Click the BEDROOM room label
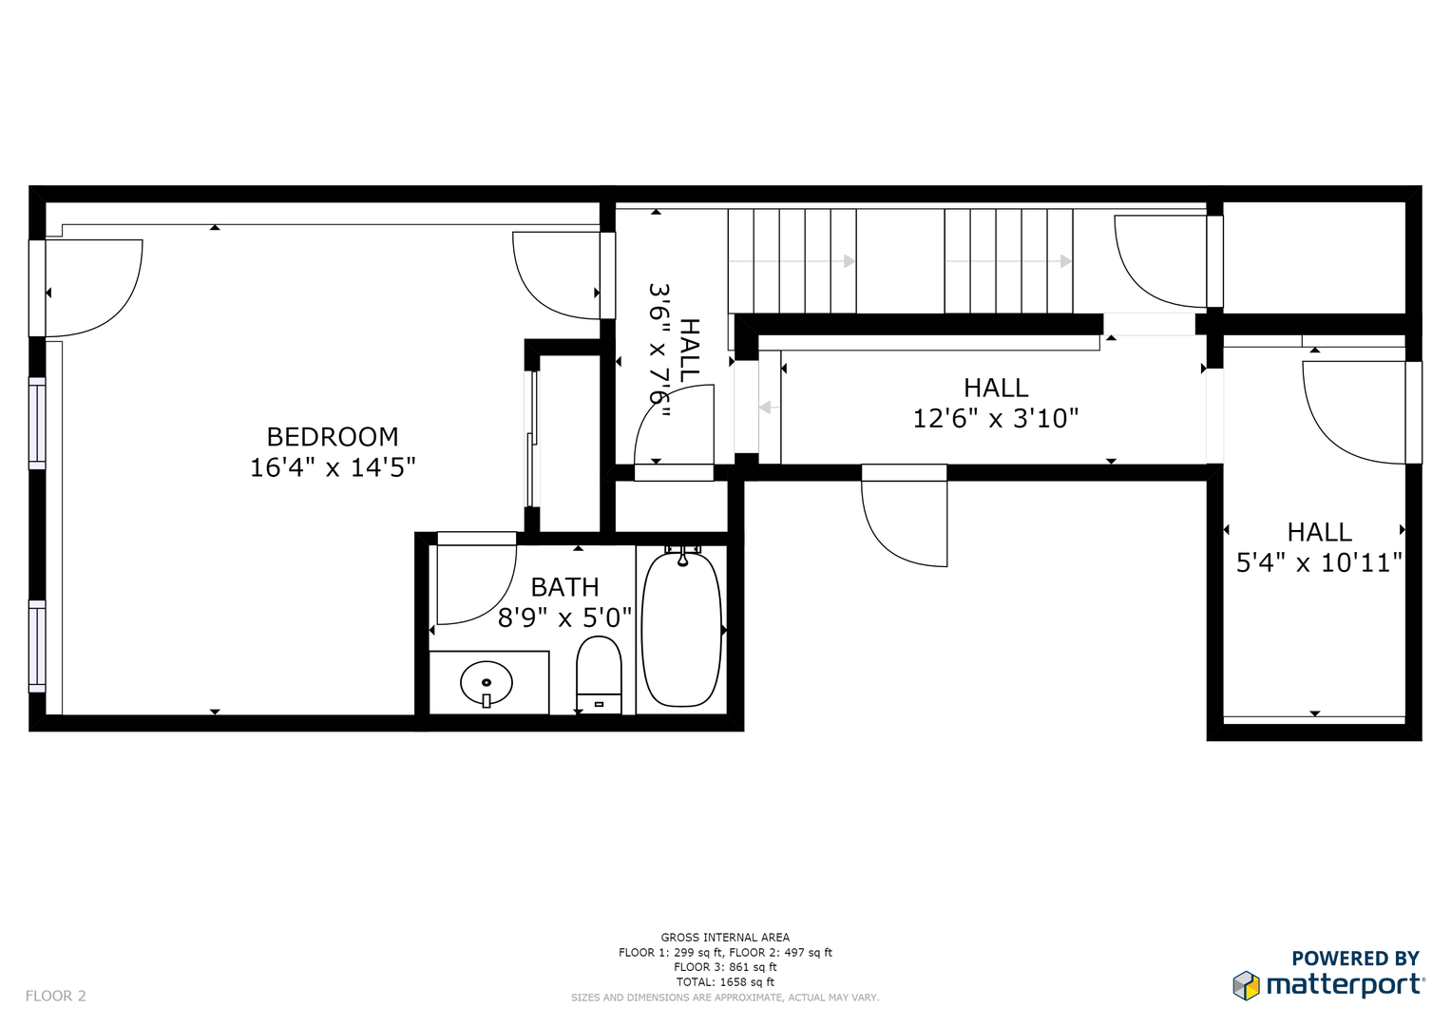(333, 437)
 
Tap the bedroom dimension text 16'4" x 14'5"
(333, 467)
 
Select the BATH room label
(564, 587)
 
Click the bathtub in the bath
(681, 629)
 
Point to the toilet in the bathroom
(599, 674)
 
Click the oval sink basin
(487, 682)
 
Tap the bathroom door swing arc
(480, 589)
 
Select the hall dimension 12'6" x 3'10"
(996, 419)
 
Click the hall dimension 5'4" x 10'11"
(1319, 562)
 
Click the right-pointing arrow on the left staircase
(849, 261)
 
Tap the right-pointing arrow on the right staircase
(1065, 261)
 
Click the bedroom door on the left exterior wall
(95, 285)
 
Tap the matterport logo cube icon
(1246, 985)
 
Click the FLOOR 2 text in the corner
(55, 996)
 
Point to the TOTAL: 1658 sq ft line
(725, 982)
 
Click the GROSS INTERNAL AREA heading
(725, 938)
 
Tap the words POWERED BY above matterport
(1355, 959)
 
